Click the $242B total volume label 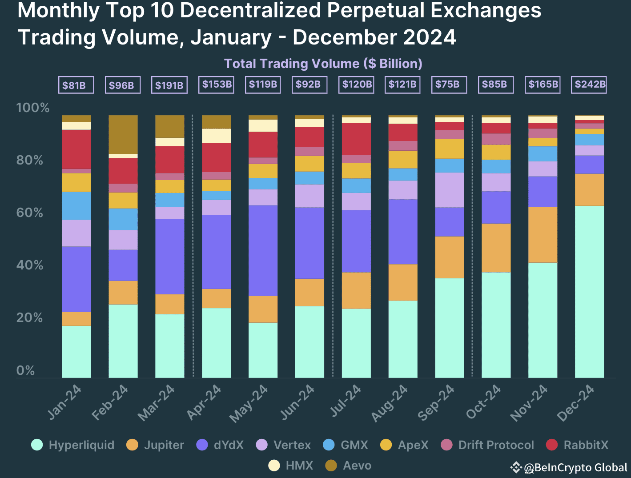[x=589, y=84]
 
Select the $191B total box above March [x=169, y=85]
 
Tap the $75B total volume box [x=449, y=84]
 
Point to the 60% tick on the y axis [x=29, y=213]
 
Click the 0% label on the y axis [x=25, y=370]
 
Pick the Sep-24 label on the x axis [x=436, y=403]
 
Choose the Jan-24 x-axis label [x=64, y=403]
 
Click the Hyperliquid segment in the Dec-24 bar [x=589, y=291]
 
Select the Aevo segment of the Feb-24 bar [x=123, y=134]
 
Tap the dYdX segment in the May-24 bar [x=263, y=250]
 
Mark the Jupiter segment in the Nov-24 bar [x=543, y=235]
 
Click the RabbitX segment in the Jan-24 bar [x=76, y=149]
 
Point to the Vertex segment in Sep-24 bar [x=449, y=190]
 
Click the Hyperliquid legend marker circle [x=37, y=445]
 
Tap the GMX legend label [x=354, y=445]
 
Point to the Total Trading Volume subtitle [x=323, y=64]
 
